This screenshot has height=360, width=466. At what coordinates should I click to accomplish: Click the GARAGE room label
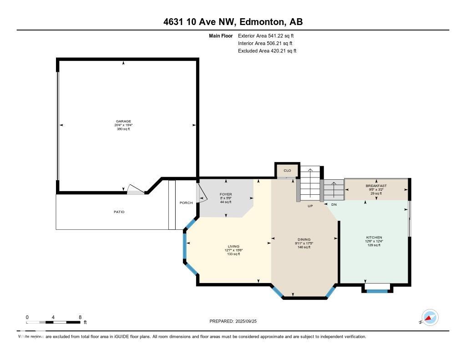pyautogui.click(x=123, y=122)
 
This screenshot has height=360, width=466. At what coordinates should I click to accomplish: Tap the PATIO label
pyautogui.click(x=119, y=212)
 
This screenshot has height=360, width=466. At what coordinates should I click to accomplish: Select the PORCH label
pyautogui.click(x=186, y=203)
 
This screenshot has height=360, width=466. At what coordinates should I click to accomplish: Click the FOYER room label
pyautogui.click(x=226, y=194)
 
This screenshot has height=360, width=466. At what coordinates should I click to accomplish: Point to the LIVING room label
pyautogui.click(x=233, y=247)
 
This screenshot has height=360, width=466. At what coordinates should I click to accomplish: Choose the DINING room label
pyautogui.click(x=304, y=239)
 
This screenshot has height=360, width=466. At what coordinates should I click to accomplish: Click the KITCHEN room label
pyautogui.click(x=375, y=238)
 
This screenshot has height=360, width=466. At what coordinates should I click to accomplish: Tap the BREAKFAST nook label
pyautogui.click(x=376, y=186)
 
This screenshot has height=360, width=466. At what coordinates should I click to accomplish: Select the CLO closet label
pyautogui.click(x=287, y=171)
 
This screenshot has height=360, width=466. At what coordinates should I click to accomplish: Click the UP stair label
pyautogui.click(x=309, y=205)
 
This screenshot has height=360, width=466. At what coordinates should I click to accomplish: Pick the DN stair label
pyautogui.click(x=334, y=205)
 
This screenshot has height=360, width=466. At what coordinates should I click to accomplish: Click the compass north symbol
pyautogui.click(x=429, y=318)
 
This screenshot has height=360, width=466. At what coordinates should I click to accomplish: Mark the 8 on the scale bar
pyautogui.click(x=80, y=317)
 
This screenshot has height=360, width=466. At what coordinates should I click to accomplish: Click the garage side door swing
pyautogui.click(x=135, y=189)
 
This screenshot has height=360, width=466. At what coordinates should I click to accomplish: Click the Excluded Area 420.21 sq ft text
pyautogui.click(x=267, y=51)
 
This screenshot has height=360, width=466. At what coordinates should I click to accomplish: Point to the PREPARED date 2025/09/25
pyautogui.click(x=236, y=321)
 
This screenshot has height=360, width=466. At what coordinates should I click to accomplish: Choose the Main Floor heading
pyautogui.click(x=221, y=35)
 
